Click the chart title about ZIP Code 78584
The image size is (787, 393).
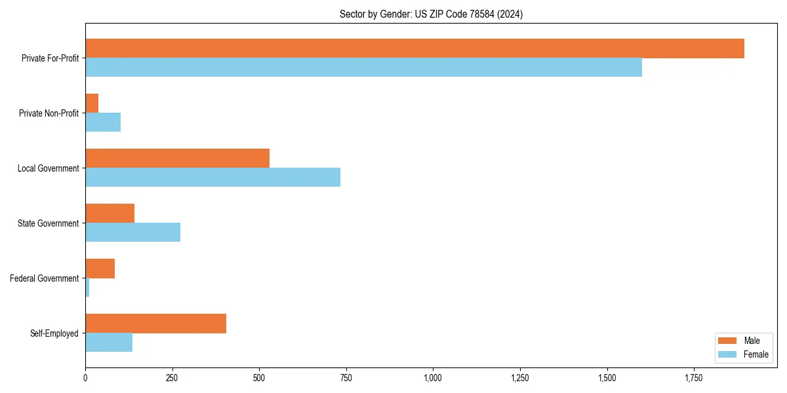click(431, 14)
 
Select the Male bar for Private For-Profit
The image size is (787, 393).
click(414, 48)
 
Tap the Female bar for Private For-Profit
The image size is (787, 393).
click(363, 67)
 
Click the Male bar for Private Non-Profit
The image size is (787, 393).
click(92, 103)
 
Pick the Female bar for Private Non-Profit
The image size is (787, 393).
click(103, 122)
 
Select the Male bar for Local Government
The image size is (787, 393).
click(177, 159)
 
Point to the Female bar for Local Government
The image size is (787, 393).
click(212, 178)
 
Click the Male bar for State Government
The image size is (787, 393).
click(110, 214)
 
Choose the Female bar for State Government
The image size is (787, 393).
click(132, 233)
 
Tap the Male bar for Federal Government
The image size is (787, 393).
click(100, 269)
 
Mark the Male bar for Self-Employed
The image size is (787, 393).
click(155, 324)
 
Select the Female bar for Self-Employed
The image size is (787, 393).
click(109, 343)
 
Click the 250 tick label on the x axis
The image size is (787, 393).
click(172, 379)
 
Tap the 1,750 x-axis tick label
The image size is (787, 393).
click(693, 379)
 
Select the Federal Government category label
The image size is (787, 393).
click(45, 278)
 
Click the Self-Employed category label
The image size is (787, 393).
click(54, 333)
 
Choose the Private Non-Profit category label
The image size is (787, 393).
click(49, 113)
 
